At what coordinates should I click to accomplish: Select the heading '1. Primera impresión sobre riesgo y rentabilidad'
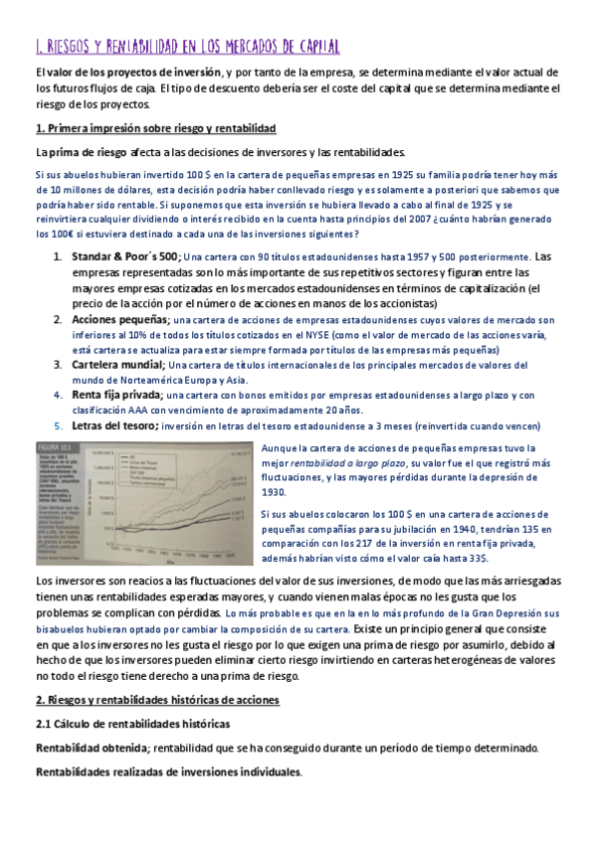click(155, 129)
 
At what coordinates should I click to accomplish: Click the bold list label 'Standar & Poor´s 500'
click(124, 256)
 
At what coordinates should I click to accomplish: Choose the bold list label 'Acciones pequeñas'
click(119, 319)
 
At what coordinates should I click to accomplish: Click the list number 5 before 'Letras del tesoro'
click(57, 425)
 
